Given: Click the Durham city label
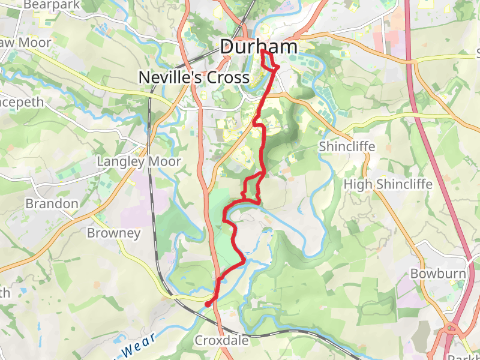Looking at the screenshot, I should coord(259,47).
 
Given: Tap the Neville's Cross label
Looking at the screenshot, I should coord(193,77).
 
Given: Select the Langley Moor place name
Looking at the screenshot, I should coord(138,162).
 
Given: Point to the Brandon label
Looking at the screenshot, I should coord(52,203).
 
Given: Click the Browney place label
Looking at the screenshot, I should coord(113,233).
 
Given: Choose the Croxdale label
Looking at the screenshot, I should coord(221,341).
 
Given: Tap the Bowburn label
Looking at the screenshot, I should coord(437,274).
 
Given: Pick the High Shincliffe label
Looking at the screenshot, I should coord(388,184).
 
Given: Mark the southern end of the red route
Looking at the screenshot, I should coord(208,305).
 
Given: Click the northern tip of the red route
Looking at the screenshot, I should coord(263,51).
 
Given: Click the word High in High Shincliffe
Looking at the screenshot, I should coord(358,184).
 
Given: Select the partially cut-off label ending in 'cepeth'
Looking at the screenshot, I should coord(22,102).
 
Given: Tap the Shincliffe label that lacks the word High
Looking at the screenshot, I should coord(347,147).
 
